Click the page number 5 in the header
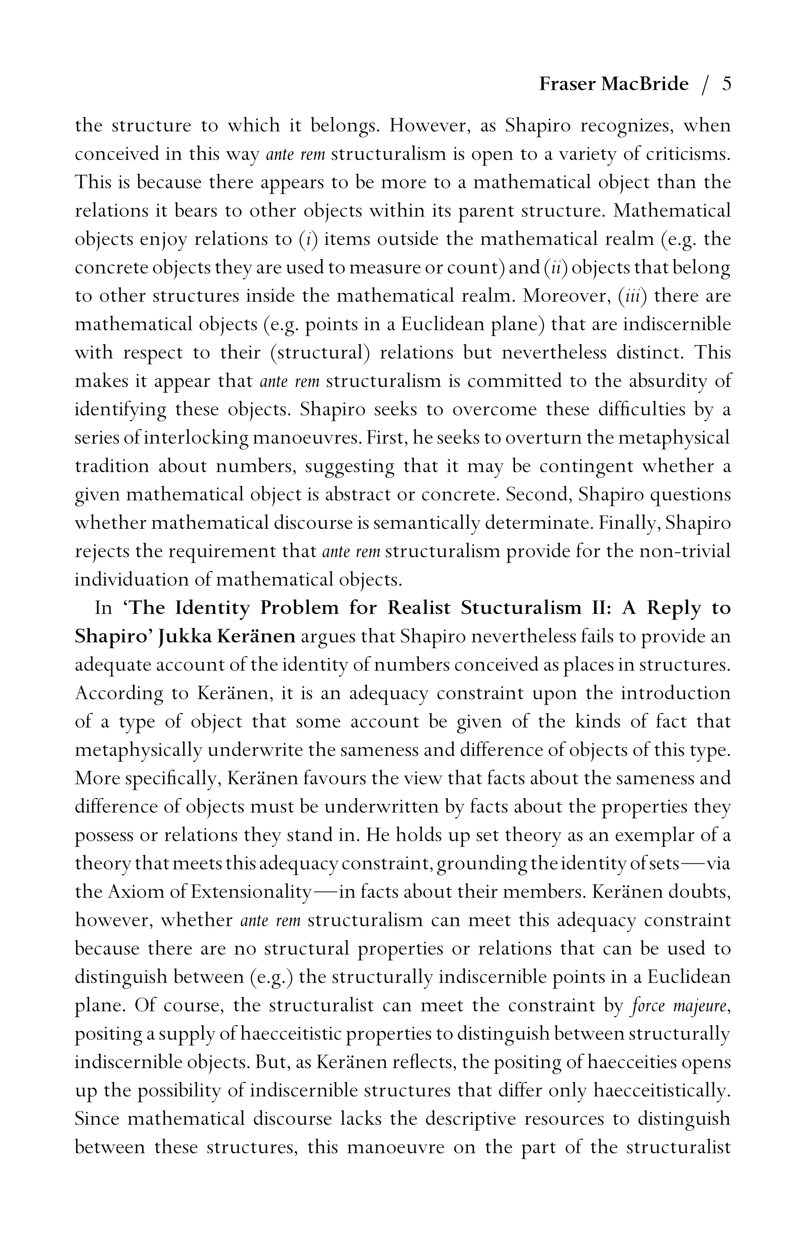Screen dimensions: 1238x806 coord(727,84)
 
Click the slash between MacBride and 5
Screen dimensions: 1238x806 coord(705,85)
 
